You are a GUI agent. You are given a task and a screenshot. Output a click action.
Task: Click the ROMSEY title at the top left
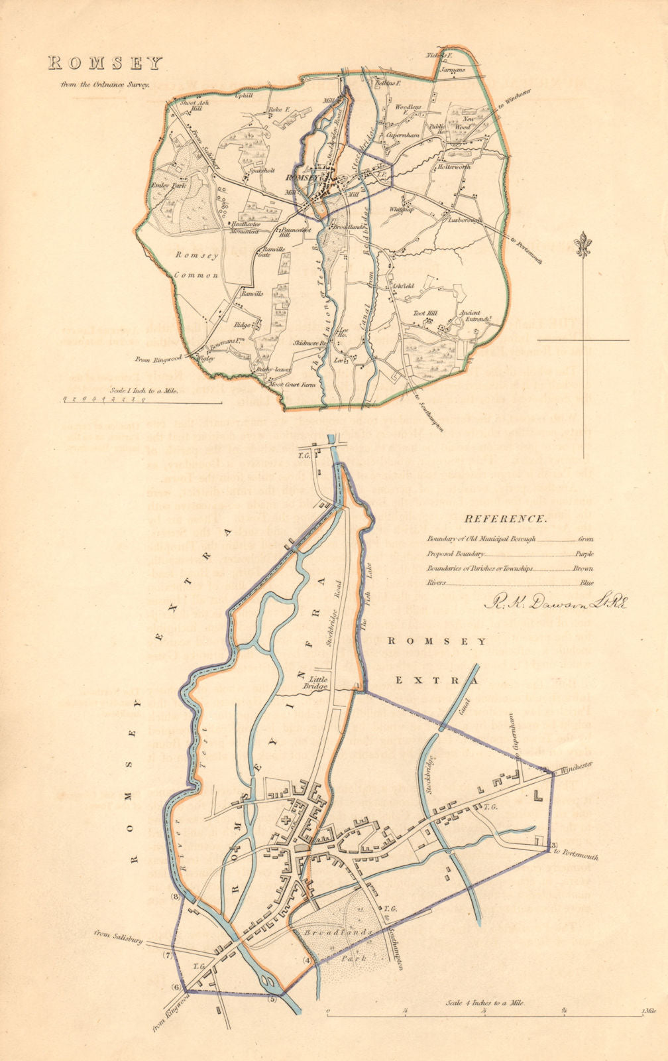(104, 63)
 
